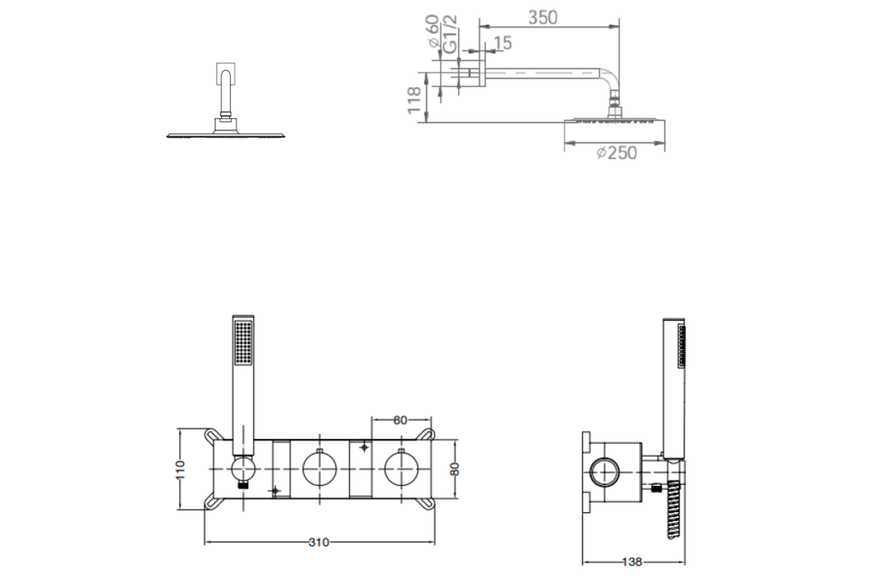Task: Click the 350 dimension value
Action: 542,17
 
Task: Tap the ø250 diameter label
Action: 617,153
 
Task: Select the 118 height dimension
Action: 414,101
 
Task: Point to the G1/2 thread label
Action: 450,34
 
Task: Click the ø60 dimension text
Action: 433,31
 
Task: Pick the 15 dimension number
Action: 503,43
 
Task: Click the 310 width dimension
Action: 318,542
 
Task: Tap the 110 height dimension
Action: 180,470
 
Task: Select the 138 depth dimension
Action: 632,562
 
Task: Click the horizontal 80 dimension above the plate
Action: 400,420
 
